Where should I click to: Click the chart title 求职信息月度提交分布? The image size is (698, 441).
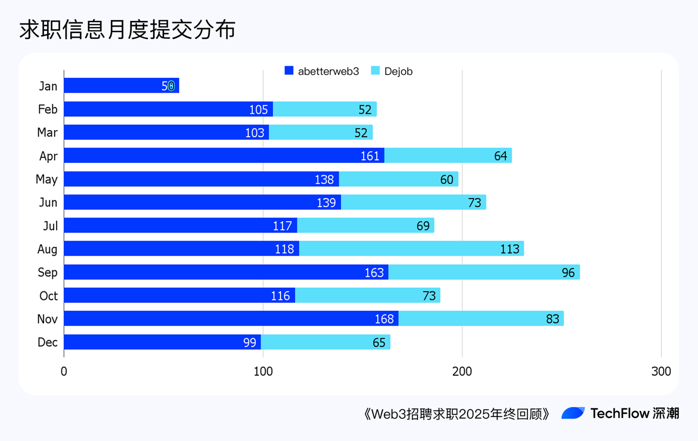point(127,30)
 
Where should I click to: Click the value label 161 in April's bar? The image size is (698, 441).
point(370,156)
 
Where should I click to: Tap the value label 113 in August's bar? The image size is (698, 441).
point(510,249)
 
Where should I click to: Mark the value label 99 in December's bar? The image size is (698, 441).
point(250,342)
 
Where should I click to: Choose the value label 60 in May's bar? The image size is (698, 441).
point(447,179)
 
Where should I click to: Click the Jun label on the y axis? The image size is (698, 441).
point(48,203)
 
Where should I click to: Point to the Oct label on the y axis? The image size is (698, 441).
point(49,296)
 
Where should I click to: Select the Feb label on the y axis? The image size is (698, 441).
point(48,109)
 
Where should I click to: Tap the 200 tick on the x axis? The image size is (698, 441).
point(462,372)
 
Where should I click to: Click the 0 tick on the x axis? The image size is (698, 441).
point(64,372)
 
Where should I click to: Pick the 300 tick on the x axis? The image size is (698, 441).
point(661,372)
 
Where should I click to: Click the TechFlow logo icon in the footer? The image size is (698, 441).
point(573,413)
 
